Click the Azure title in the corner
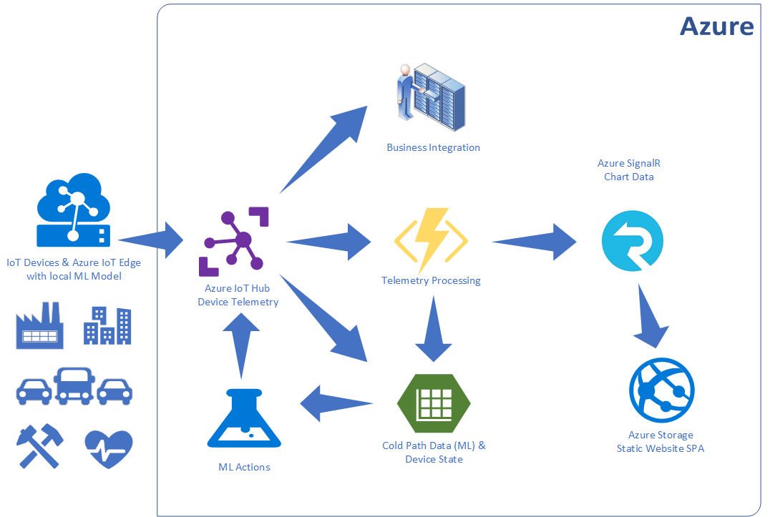click(x=716, y=26)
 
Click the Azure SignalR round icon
click(x=633, y=242)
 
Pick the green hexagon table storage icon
click(x=433, y=403)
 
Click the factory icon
click(x=39, y=325)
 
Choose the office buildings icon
click(x=107, y=326)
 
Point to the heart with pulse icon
click(x=108, y=449)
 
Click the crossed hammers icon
click(x=39, y=447)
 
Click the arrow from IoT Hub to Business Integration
click(x=326, y=147)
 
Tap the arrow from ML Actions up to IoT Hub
click(x=241, y=343)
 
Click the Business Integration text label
click(x=433, y=148)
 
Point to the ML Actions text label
click(x=244, y=467)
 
